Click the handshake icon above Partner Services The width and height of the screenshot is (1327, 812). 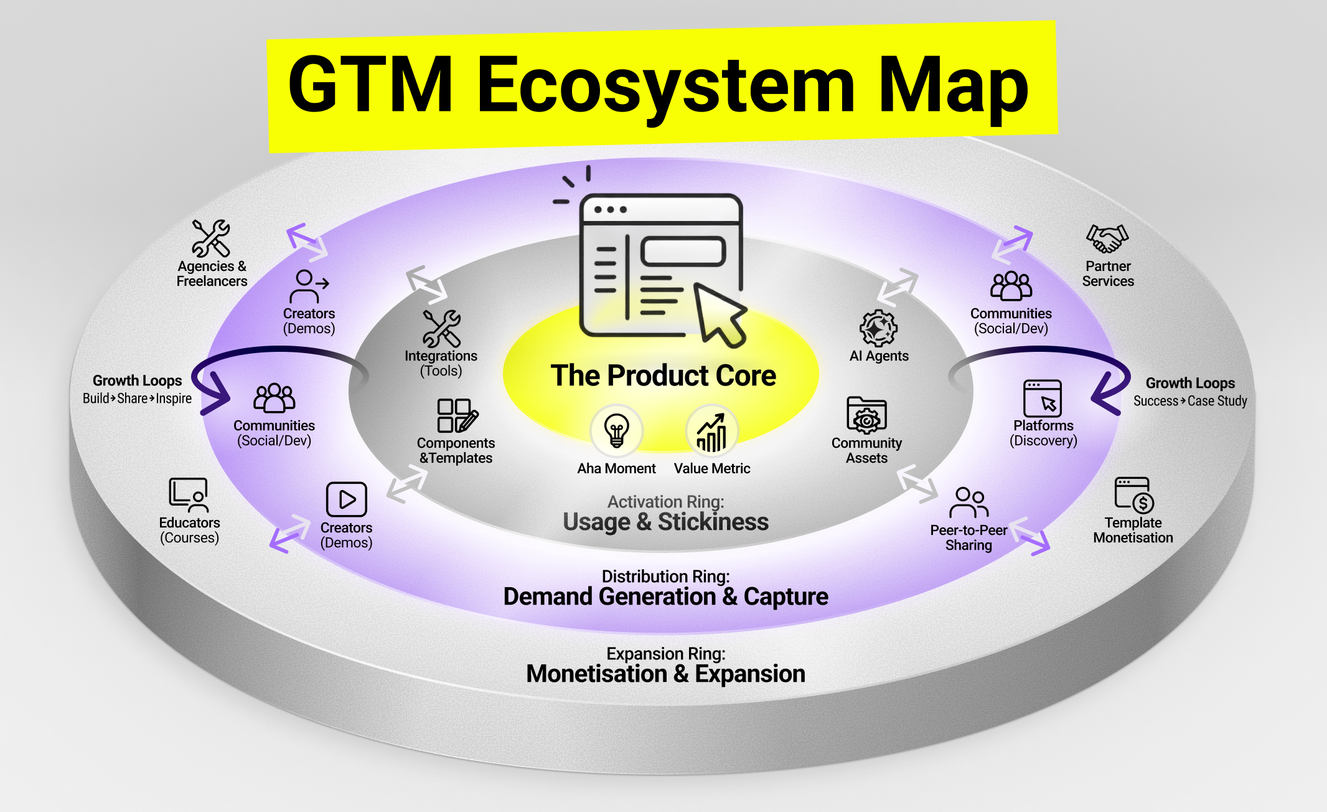pos(1107,238)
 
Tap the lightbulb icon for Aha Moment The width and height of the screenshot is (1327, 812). pos(616,430)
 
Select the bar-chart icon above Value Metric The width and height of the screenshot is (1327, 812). pos(711,432)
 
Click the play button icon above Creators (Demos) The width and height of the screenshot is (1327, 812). pos(346,499)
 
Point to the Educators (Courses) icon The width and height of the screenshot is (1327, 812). pos(189,495)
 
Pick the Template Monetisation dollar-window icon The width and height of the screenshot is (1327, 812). pos(1133,495)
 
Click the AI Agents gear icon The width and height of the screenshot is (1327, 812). pos(878,328)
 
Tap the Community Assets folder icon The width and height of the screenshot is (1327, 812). pos(866,415)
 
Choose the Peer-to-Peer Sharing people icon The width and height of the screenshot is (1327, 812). pos(968,503)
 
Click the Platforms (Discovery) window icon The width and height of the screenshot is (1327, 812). pos(1043,398)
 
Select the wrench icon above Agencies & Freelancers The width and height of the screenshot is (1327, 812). pos(211,238)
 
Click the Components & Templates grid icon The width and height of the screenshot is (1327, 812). pos(457,415)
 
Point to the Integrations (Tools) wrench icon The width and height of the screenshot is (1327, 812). pos(441,328)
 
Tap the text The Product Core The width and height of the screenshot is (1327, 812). pos(663,375)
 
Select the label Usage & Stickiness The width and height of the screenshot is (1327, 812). pos(665,522)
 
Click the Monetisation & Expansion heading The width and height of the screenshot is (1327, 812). pos(665,674)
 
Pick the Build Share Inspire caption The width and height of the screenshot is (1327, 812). pos(137,399)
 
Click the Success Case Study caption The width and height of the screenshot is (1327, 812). pos(1190,401)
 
